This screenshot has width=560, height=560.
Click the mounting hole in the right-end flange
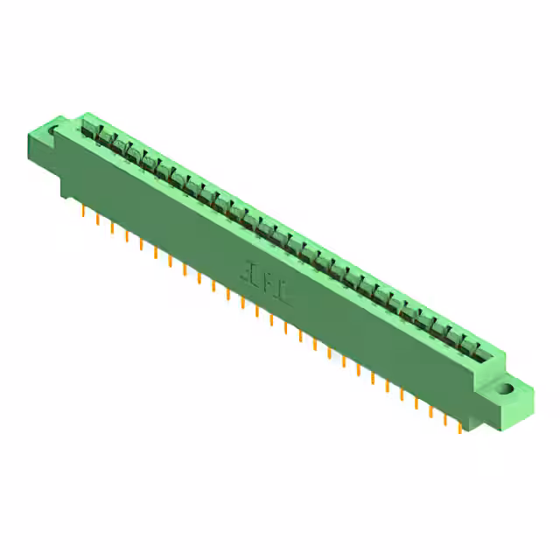tap(505, 388)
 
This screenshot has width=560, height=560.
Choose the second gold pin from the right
tap(444, 416)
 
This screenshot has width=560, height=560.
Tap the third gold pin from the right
tap(430, 409)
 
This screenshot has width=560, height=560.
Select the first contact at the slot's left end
tap(88, 131)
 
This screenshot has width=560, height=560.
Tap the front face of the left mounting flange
tap(45, 150)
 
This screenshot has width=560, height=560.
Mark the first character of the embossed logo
tap(251, 273)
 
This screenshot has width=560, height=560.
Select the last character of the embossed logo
tap(286, 293)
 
